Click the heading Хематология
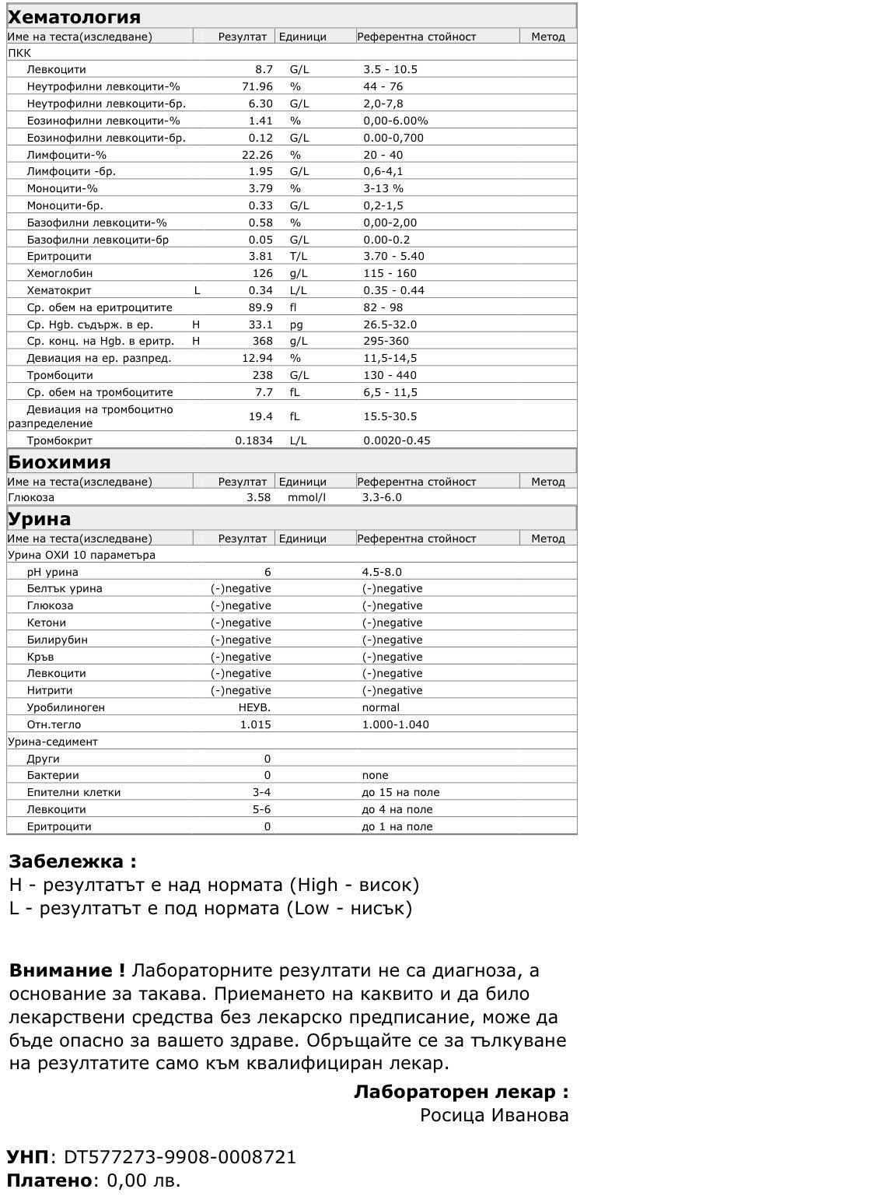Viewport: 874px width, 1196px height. point(74,17)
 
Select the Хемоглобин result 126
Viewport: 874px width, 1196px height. point(263,273)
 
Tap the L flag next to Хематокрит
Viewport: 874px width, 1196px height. point(198,290)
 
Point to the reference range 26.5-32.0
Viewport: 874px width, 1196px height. point(390,324)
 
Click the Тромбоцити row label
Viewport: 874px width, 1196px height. point(60,375)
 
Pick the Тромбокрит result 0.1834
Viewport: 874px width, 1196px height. point(254,440)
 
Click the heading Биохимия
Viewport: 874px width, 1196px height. point(59,462)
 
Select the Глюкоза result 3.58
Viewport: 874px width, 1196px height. point(258,497)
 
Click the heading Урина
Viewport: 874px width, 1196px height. point(39,519)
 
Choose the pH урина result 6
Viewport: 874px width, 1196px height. point(267,572)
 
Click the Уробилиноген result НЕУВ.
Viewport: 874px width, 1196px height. point(254,707)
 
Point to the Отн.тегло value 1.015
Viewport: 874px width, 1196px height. point(256,724)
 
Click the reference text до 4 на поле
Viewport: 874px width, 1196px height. point(397,809)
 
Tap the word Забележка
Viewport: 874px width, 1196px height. point(67,861)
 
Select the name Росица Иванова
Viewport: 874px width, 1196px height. point(494,1115)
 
